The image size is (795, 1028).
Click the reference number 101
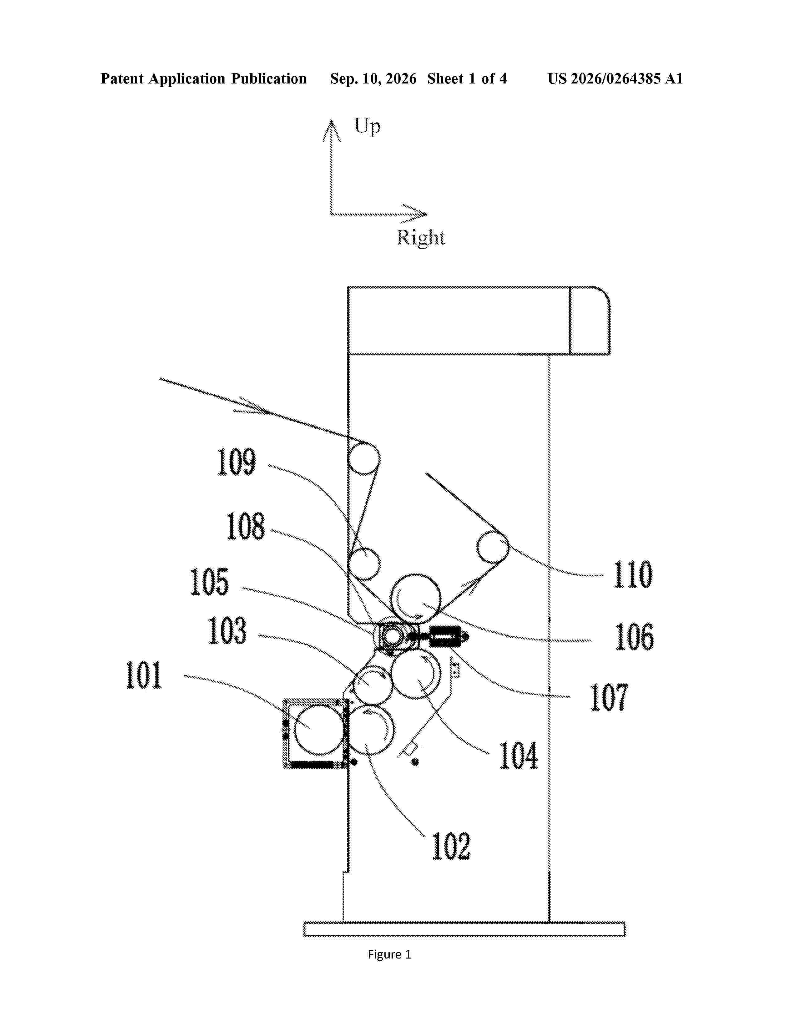[x=144, y=675]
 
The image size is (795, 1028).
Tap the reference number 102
[x=451, y=846]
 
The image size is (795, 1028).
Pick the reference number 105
[x=209, y=582]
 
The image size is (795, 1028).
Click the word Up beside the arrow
[x=367, y=126]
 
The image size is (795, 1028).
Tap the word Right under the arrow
[x=421, y=237]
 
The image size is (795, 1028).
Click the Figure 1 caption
[x=389, y=954]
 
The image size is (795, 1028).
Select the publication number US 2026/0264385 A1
[x=615, y=79]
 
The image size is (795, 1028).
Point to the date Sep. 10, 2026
[x=373, y=79]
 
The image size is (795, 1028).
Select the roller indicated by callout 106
[x=416, y=599]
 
